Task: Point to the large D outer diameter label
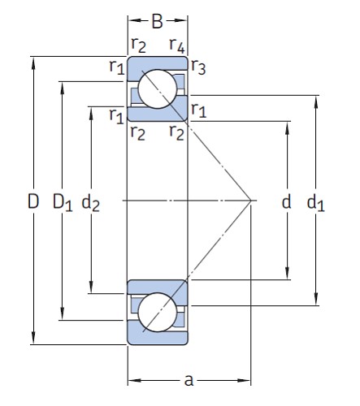(33, 201)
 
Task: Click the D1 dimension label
(63, 201)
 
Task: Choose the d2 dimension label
(90, 202)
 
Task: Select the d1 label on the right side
(315, 202)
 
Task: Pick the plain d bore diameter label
(286, 201)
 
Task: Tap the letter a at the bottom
(189, 379)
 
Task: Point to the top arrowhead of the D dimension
(33, 59)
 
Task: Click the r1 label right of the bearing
(198, 109)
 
